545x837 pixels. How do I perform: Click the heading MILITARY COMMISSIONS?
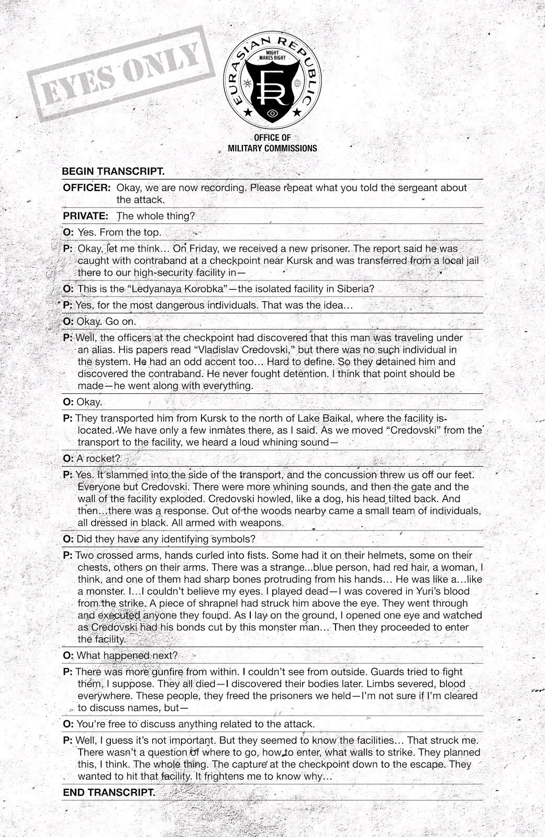pyautogui.click(x=272, y=148)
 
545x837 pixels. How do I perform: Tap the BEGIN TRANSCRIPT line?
pyautogui.click(x=113, y=171)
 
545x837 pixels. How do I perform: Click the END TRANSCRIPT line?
pyautogui.click(x=108, y=792)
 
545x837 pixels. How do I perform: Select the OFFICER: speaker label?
pyautogui.click(x=87, y=188)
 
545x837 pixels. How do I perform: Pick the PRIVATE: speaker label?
pyautogui.click(x=86, y=216)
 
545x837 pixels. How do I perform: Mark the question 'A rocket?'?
pyautogui.click(x=98, y=458)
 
